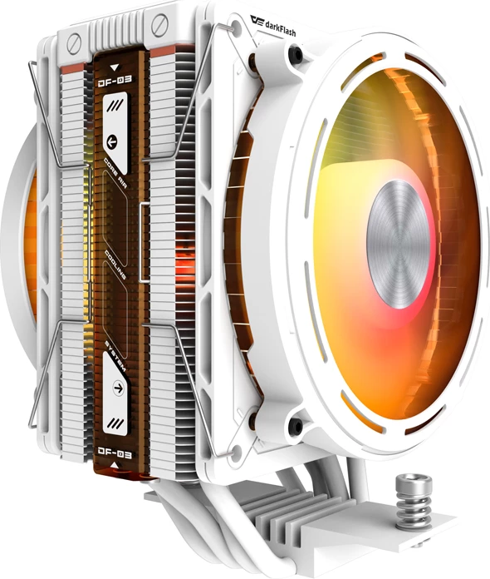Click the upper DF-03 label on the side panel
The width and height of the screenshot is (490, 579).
point(115,82)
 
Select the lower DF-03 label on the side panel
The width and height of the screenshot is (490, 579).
point(115,455)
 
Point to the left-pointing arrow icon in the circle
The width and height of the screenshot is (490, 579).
point(114,139)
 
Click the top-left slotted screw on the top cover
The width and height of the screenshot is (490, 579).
point(76,42)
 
